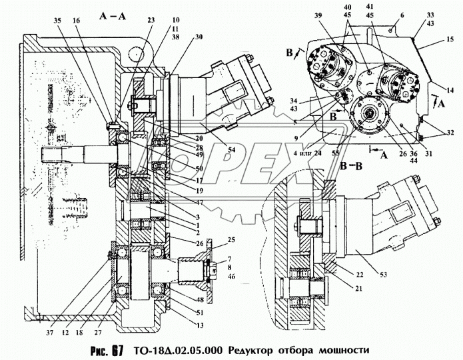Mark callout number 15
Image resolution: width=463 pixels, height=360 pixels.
[442, 41]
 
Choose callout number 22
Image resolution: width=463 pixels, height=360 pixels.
[360, 275]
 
